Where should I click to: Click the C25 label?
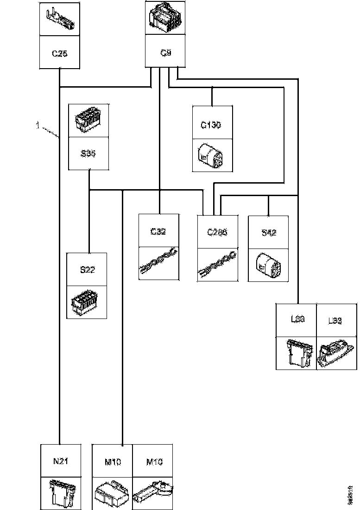(60, 54)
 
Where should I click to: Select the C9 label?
(166, 53)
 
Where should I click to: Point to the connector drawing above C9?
(166, 19)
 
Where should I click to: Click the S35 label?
(88, 154)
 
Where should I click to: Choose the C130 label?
(212, 125)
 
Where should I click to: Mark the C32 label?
(158, 232)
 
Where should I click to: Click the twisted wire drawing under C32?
(158, 263)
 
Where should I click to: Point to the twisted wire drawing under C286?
(217, 265)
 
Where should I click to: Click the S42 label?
(269, 233)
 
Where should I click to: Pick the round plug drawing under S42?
(268, 265)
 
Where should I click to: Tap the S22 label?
(87, 270)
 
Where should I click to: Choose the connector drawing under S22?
(87, 302)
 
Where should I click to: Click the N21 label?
(60, 462)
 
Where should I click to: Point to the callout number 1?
(37, 124)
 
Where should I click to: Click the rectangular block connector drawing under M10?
(113, 494)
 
